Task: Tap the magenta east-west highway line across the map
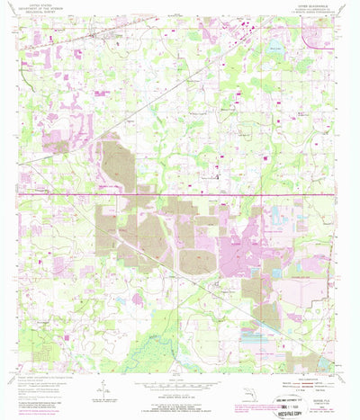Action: pyautogui.click(x=180, y=193)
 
